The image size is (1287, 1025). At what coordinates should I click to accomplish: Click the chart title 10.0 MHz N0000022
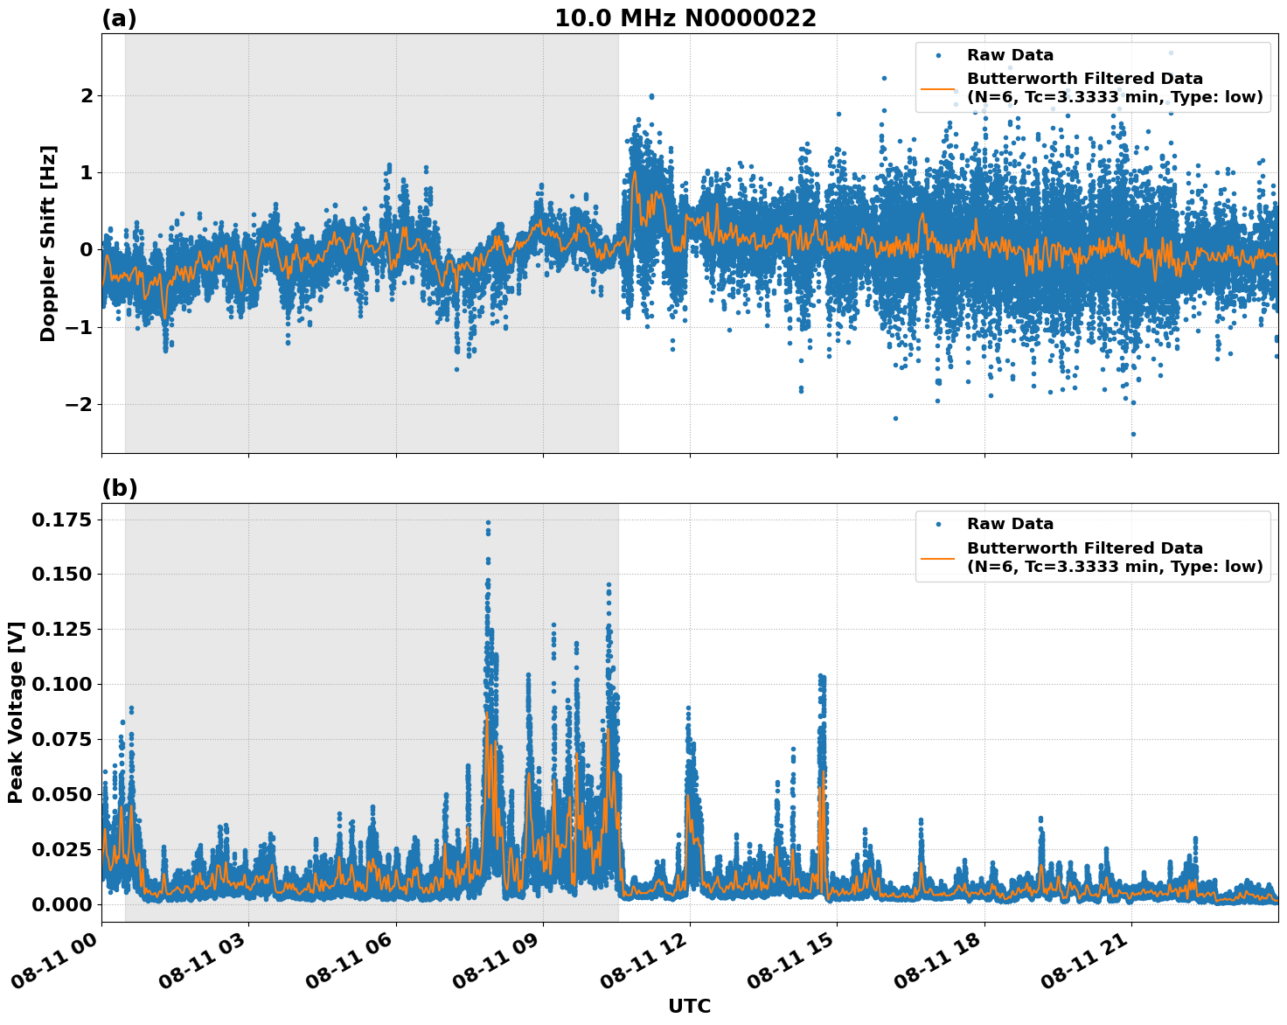[x=685, y=18]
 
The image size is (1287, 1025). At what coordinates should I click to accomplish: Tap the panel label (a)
[x=119, y=18]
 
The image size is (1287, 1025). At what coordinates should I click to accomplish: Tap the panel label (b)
[x=119, y=488]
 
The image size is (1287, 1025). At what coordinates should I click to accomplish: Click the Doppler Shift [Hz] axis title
[x=48, y=243]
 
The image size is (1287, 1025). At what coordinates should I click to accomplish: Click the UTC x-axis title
[x=689, y=1006]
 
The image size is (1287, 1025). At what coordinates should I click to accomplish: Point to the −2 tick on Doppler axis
[x=77, y=404]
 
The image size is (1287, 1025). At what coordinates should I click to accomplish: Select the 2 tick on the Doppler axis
[x=86, y=95]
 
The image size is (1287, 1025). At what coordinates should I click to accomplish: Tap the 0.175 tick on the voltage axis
[x=61, y=520]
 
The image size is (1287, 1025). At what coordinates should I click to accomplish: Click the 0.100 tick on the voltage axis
[x=61, y=684]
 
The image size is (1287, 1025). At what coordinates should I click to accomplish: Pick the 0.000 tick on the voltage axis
[x=61, y=904]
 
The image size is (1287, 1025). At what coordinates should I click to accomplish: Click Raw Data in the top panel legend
[x=1010, y=56]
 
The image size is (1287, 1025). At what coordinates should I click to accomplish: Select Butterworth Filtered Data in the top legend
[x=1084, y=80]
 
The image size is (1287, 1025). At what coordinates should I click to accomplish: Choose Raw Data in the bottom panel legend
[x=1010, y=524]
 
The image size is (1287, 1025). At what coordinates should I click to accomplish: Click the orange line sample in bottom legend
[x=937, y=557]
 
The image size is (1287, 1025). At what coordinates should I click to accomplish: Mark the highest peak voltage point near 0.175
[x=488, y=522]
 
